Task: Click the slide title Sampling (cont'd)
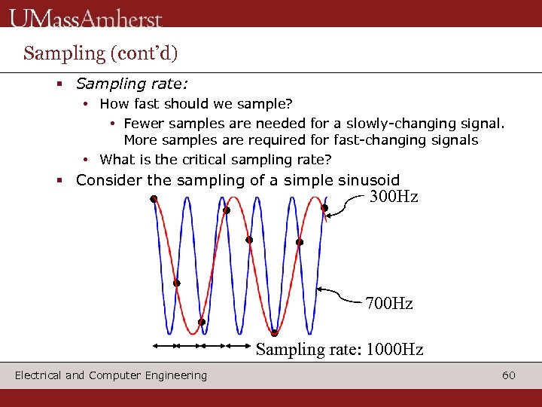pyautogui.click(x=100, y=53)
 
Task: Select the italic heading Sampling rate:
pyautogui.click(x=131, y=84)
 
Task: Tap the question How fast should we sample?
pyautogui.click(x=196, y=103)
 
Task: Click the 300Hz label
pyautogui.click(x=393, y=197)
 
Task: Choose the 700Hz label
pyautogui.click(x=389, y=304)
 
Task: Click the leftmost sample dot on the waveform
pyautogui.click(x=153, y=199)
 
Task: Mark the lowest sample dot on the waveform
pyautogui.click(x=275, y=333)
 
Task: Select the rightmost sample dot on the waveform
pyautogui.click(x=324, y=207)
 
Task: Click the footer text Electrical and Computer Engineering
pyautogui.click(x=111, y=375)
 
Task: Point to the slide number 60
pyautogui.click(x=509, y=375)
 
